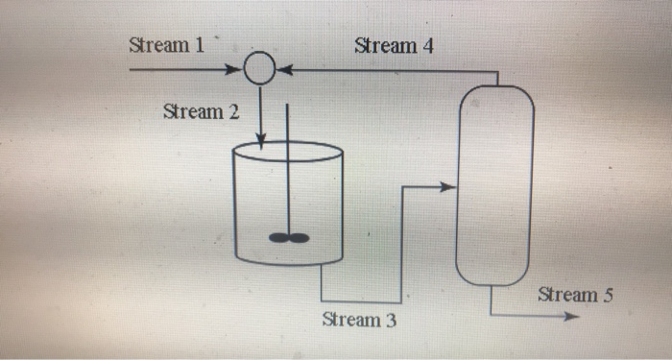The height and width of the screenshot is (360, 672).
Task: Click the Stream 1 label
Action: (x=166, y=45)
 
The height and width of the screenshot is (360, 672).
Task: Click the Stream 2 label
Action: (x=201, y=111)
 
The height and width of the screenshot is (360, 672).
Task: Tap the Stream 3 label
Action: (x=359, y=320)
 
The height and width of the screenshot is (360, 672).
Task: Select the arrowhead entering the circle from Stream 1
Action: (x=235, y=70)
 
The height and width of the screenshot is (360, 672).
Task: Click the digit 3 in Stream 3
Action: (x=390, y=320)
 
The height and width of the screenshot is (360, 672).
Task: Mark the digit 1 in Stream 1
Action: (x=199, y=45)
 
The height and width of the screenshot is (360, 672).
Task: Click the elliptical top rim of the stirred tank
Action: (x=288, y=152)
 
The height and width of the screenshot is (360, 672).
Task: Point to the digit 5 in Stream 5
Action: (x=607, y=294)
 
